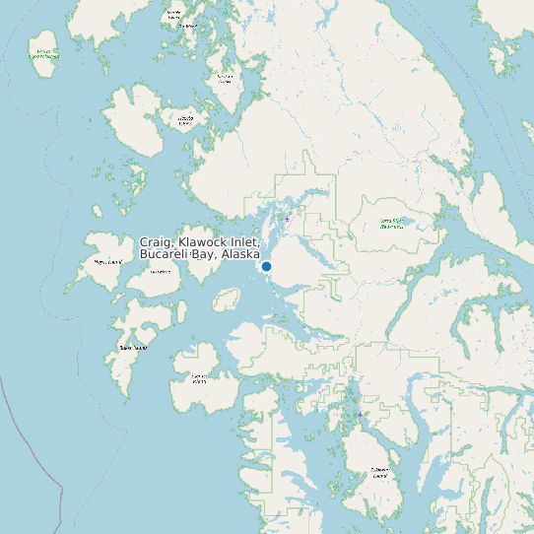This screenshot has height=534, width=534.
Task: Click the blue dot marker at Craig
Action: click(x=266, y=266)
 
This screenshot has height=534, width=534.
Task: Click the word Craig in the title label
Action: click(x=156, y=242)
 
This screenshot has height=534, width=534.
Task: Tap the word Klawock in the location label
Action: click(x=203, y=242)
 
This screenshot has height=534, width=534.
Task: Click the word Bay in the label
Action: click(x=205, y=254)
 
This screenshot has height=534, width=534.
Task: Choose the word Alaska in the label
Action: click(x=240, y=254)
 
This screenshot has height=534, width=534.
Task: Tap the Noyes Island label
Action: click(x=105, y=262)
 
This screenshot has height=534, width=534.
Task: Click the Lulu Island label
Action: click(x=160, y=272)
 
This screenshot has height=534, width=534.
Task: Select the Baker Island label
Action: click(x=133, y=347)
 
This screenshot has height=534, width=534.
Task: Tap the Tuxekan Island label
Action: click(x=226, y=78)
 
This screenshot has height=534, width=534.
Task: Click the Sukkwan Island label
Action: click(x=379, y=471)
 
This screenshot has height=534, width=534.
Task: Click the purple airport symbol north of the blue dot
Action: click(x=287, y=219)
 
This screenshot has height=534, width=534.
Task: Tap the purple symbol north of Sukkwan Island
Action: click(x=361, y=415)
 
